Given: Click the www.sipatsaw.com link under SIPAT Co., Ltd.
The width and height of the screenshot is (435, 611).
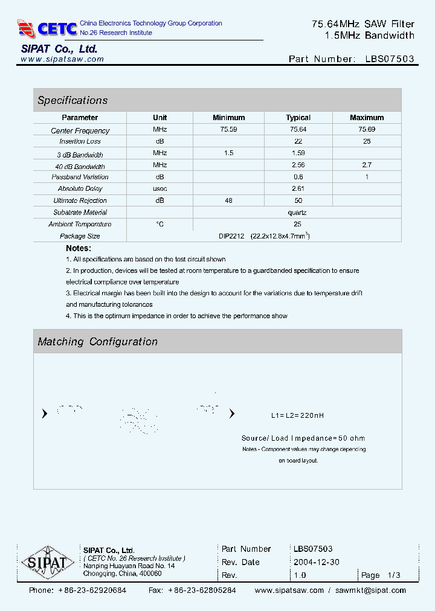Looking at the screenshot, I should coord(62,59).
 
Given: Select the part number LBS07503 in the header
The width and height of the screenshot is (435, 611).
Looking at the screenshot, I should coord(390,59).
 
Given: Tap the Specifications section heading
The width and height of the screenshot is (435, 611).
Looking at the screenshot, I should coord(72,100).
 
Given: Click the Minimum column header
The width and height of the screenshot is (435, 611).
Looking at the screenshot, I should coord(228,118).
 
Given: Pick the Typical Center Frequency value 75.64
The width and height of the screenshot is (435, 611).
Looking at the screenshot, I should coord(298,130).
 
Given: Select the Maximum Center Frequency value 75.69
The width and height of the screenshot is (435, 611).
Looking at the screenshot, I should coord(366,130).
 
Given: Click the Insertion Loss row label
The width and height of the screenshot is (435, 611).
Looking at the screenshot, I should coord(80,141).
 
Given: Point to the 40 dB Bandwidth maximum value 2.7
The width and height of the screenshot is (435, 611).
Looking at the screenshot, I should coord(366,165).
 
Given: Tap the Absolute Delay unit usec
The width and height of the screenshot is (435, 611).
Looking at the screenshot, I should coord(159,188).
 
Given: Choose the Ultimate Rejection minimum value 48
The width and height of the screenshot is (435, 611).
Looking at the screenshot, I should coord(228,200).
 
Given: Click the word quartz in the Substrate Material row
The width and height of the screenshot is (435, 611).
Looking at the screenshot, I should coord(297,213).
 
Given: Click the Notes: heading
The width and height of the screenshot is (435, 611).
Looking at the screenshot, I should coord(79,248).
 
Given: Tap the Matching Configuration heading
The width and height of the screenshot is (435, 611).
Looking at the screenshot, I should coord(97,342).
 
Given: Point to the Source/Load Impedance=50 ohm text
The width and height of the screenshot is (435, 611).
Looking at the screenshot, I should coord(303,438).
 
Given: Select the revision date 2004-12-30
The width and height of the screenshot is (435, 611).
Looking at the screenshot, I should coord(316,562).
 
